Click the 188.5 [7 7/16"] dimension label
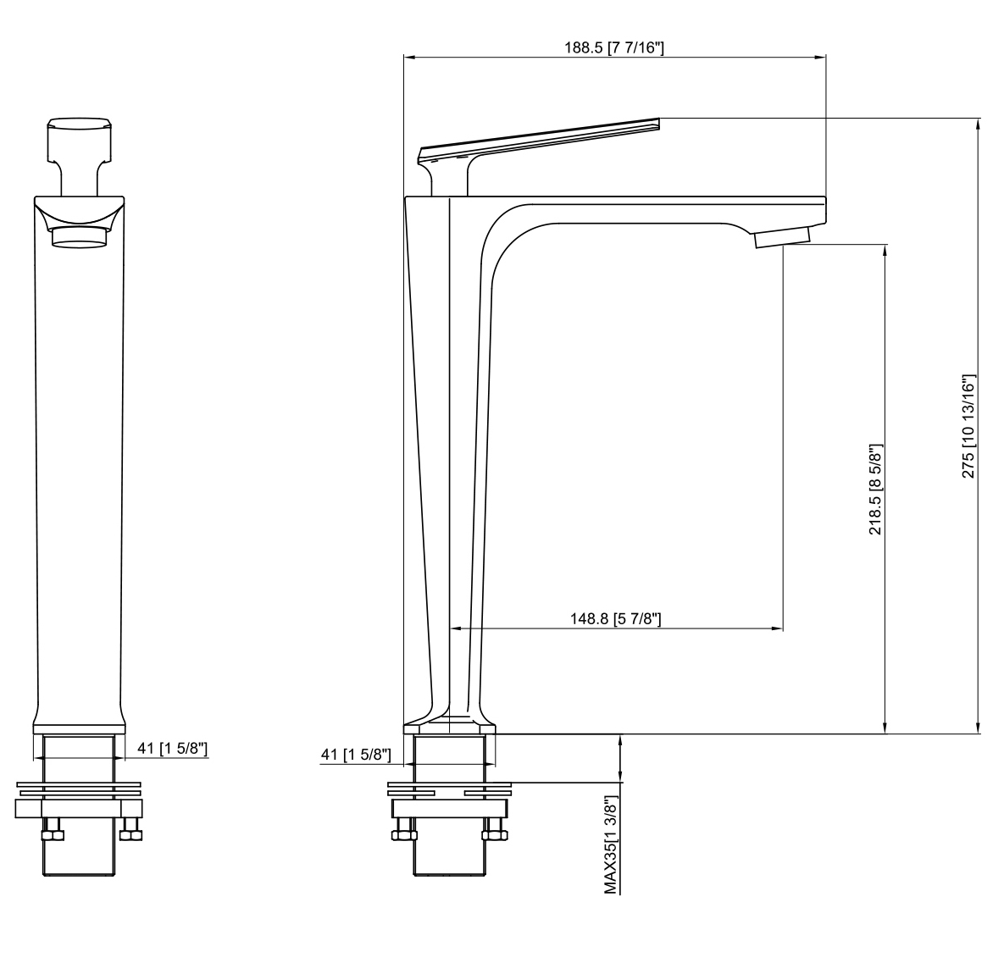613,47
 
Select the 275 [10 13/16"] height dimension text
968,425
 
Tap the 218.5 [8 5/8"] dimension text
875,490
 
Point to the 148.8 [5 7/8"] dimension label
616,618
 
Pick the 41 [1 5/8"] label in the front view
172,749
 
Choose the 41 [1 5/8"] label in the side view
356,754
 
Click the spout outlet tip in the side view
782,239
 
